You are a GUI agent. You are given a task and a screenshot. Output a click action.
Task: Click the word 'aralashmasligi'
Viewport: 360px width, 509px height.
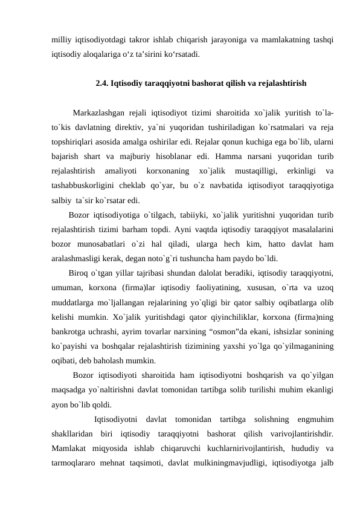click(76, 258)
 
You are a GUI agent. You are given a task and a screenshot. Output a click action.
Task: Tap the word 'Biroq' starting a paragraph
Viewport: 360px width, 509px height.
click(79, 273)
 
